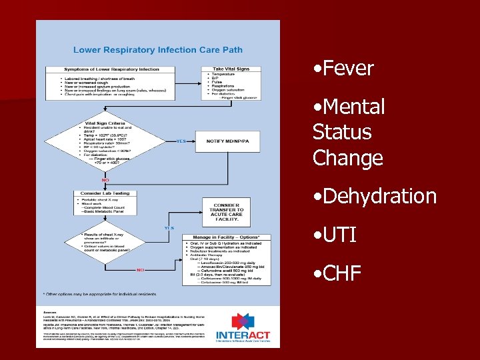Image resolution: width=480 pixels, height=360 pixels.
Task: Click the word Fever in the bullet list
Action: click(x=347, y=69)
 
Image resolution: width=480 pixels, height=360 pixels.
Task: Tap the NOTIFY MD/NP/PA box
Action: click(x=229, y=141)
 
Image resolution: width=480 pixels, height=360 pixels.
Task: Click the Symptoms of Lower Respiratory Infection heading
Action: click(x=111, y=69)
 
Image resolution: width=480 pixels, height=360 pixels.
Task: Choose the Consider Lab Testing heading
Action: click(x=105, y=193)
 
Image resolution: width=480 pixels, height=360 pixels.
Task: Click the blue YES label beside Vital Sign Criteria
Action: click(x=181, y=141)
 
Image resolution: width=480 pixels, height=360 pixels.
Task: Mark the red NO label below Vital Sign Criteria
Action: click(x=105, y=180)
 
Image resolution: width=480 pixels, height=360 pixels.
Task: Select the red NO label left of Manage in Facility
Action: click(x=141, y=270)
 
